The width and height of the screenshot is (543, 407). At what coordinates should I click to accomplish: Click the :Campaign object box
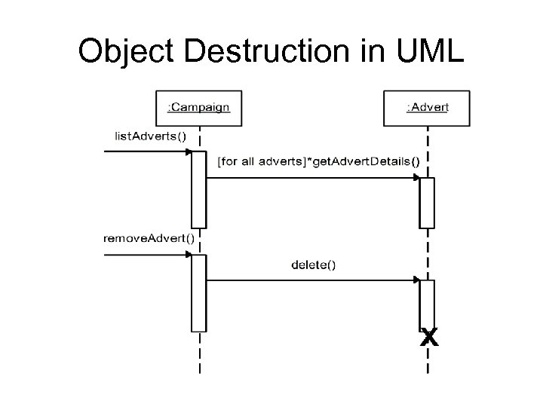198,108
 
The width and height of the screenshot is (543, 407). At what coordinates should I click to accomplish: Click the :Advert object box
427,108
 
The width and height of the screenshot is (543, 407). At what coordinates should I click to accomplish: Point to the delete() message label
313,265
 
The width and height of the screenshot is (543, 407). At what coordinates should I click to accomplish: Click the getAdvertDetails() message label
318,161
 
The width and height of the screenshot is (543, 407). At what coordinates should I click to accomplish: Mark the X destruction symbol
428,336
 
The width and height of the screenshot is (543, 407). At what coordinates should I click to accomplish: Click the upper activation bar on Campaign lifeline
198,189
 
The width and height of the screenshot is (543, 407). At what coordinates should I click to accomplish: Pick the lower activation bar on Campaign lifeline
198,292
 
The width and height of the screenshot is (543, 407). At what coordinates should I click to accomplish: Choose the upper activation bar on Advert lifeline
427,202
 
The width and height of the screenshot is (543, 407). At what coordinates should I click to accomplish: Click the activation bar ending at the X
427,303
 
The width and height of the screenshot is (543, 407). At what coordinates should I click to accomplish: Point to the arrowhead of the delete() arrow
416,280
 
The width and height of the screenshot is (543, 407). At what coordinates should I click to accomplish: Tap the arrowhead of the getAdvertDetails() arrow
416,177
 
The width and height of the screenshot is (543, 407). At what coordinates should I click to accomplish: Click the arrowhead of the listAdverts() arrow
188,151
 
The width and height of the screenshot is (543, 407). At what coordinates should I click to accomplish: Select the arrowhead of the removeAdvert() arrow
188,255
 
